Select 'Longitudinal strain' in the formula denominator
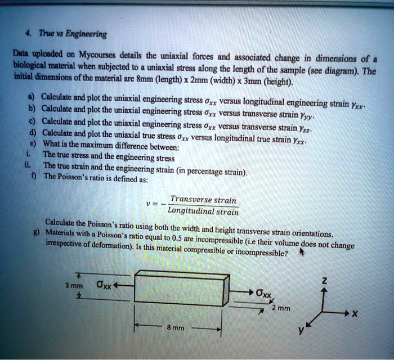(203, 211)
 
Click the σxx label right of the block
(264, 293)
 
